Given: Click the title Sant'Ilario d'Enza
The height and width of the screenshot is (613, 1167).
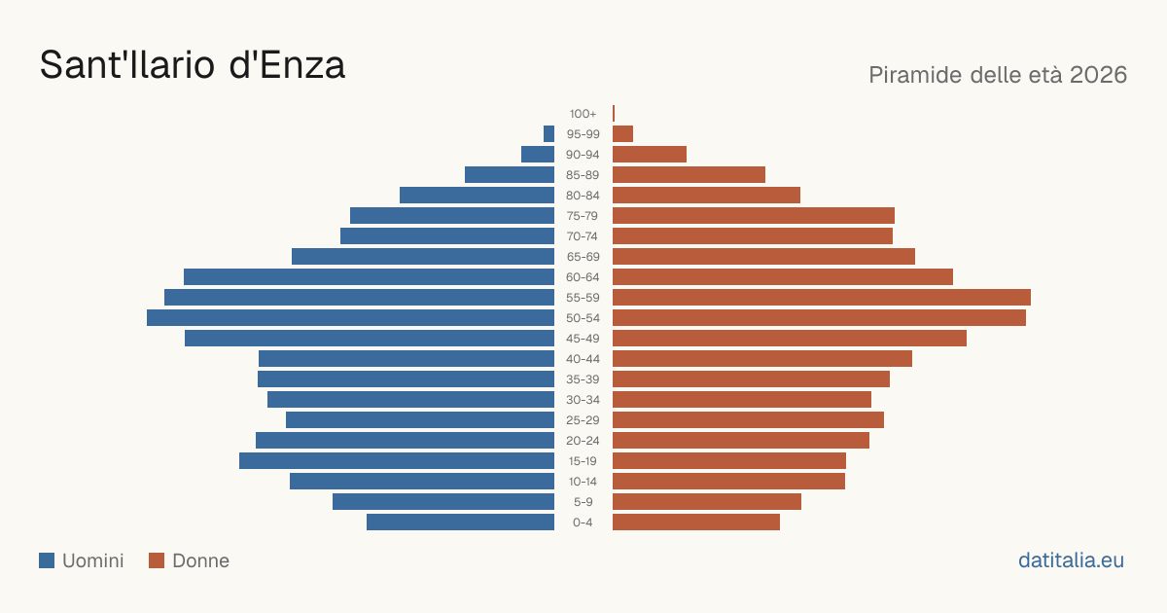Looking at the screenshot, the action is (x=193, y=65).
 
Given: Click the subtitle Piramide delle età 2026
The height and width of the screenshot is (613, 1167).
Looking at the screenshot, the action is (x=998, y=75).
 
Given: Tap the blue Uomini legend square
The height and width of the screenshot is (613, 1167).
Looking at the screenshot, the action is (x=47, y=560).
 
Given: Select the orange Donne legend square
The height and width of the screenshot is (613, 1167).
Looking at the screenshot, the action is (x=157, y=560).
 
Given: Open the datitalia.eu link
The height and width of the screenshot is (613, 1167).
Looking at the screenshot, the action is (x=1071, y=560).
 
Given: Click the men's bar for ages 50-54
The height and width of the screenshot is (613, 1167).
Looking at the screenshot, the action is (x=351, y=318).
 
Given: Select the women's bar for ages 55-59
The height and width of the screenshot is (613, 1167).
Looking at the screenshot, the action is (x=822, y=297).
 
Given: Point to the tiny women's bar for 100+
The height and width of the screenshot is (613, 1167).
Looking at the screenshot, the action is (x=614, y=113).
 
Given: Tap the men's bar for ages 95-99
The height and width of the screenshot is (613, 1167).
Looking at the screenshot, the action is (x=549, y=134).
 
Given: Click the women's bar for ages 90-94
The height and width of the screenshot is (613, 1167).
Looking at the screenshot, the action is (x=650, y=155).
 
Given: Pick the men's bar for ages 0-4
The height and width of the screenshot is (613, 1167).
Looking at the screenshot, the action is (x=461, y=523).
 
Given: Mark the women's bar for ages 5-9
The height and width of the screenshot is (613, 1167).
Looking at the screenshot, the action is (x=707, y=502).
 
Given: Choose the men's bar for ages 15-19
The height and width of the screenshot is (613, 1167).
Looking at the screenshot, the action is (x=397, y=461).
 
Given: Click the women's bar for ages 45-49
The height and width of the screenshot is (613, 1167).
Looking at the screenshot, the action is (x=790, y=339).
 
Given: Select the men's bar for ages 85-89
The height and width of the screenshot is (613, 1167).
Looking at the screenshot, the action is (x=510, y=174).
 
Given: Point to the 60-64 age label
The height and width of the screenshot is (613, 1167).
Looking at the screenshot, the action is (x=583, y=277).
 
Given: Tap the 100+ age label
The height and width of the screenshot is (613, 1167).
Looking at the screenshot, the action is (x=583, y=114).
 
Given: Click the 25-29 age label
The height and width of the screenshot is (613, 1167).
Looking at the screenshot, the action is (x=583, y=420).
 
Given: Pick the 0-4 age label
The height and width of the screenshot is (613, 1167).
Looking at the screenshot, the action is (x=583, y=523).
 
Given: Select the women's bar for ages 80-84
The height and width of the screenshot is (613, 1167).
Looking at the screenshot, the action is (x=706, y=196).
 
